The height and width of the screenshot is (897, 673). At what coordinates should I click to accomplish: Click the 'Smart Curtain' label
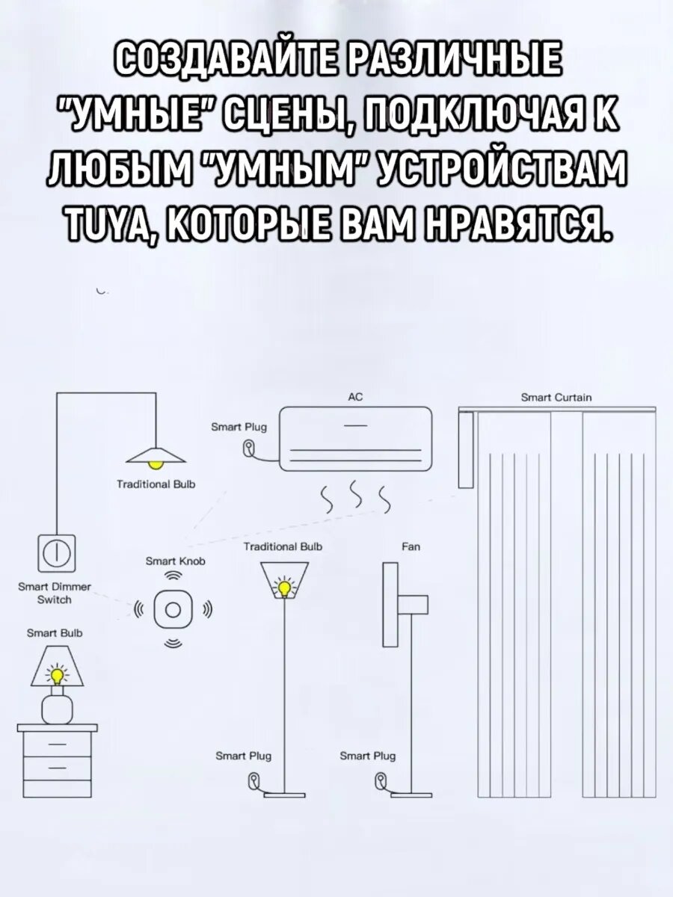tap(556, 398)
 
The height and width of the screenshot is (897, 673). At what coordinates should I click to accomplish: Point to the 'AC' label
tap(355, 398)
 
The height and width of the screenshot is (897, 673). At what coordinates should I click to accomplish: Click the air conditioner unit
tap(355, 440)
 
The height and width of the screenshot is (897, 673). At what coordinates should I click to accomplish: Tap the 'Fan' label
tap(411, 547)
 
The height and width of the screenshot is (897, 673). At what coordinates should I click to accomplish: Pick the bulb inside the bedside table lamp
tap(56, 676)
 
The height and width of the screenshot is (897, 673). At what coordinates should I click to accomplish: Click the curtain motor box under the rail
tap(465, 449)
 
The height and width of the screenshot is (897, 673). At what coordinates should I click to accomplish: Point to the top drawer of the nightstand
tap(57, 744)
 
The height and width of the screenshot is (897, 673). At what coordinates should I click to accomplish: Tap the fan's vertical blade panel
tap(390, 605)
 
